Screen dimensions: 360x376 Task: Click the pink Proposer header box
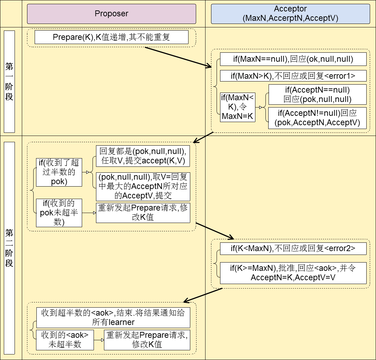(111, 14)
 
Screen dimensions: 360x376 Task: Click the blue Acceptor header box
(290, 14)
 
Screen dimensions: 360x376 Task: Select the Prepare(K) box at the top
(111, 37)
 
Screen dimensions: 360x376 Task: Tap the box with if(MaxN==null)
(293, 59)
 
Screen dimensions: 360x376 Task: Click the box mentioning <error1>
(293, 76)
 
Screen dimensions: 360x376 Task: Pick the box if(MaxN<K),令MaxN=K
(238, 107)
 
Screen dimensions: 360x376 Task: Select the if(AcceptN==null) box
(317, 94)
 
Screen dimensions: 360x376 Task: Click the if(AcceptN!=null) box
(317, 118)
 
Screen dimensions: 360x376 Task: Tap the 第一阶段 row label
(9, 82)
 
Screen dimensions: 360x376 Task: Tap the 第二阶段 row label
(9, 248)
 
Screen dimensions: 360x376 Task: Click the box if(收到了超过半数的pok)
(59, 172)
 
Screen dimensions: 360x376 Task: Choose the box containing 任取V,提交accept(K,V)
(143, 156)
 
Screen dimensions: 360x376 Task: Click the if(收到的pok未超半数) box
(59, 213)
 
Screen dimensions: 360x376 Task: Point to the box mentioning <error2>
(293, 248)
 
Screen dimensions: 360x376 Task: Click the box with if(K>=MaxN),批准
(293, 273)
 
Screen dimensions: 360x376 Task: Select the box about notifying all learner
(113, 317)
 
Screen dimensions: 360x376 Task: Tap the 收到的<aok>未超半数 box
(65, 340)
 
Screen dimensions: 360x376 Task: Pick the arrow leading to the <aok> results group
(203, 295)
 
